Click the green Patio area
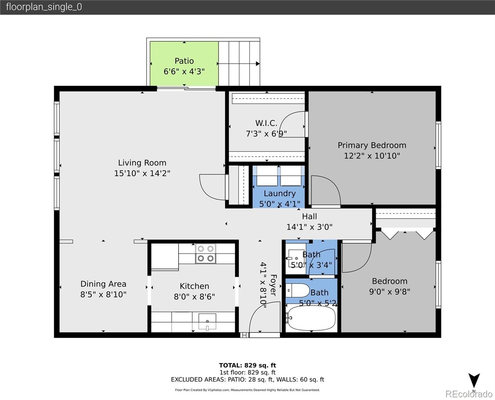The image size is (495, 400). (184, 64)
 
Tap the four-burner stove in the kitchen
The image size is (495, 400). (206, 254)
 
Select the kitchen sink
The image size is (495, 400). (207, 322)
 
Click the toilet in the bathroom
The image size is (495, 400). (298, 290)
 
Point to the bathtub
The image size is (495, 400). (310, 318)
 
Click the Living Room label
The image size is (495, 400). (142, 163)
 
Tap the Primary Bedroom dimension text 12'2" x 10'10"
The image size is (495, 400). (372, 156)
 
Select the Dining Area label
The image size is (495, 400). (103, 284)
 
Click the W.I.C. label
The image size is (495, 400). (266, 123)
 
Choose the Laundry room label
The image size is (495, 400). (280, 193)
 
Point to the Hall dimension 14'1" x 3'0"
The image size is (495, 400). (309, 227)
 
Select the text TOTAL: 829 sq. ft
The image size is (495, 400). (247, 365)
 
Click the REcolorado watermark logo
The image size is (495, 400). (469, 394)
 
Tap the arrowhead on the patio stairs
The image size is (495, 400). (258, 64)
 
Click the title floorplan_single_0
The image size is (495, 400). (44, 7)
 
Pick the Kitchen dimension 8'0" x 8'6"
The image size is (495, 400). (194, 297)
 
